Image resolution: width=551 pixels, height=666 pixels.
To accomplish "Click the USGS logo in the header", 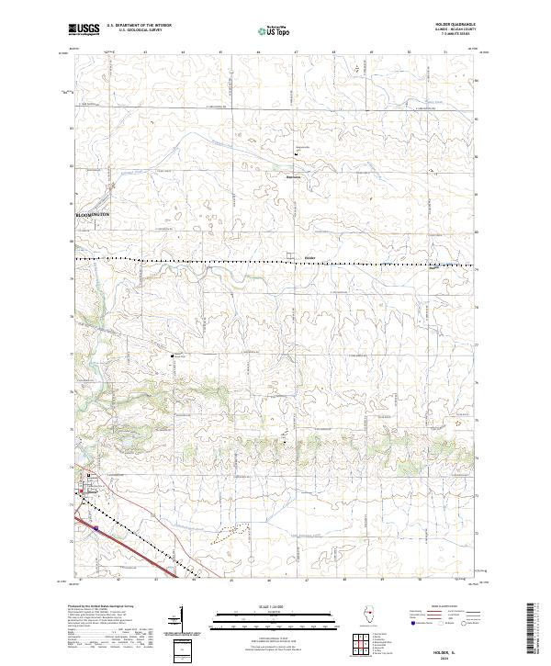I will point(83,30).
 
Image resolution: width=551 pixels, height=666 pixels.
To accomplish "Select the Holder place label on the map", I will point(309,256).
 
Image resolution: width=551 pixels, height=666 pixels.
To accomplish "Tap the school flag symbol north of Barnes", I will point(295,152).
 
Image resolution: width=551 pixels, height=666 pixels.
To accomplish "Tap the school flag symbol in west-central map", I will point(170,355).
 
